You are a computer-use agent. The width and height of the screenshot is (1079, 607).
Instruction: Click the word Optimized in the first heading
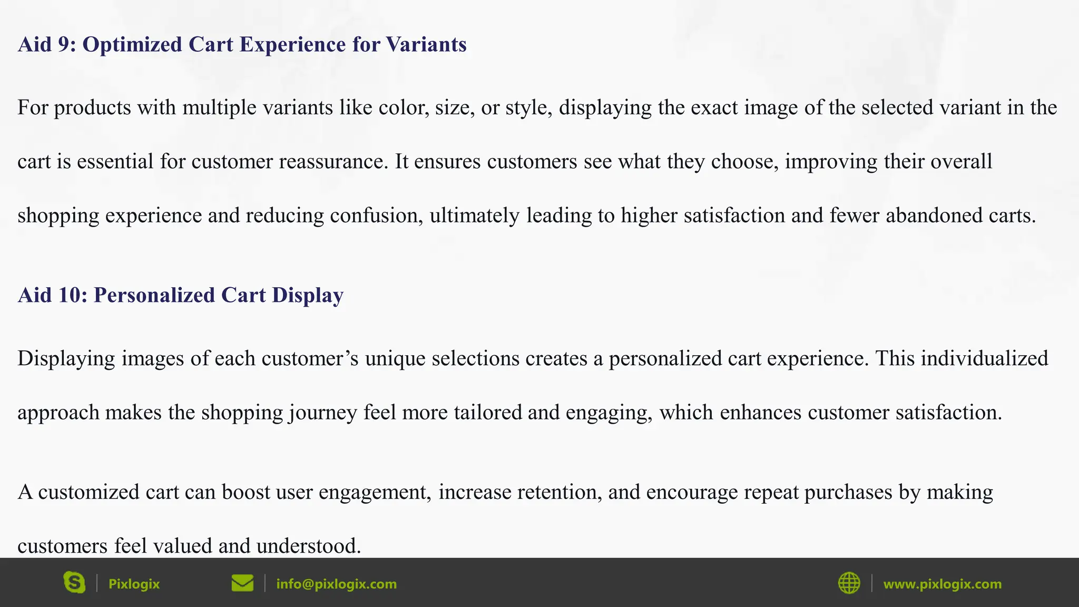click(132, 45)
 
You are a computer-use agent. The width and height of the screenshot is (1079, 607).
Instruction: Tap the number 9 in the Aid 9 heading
click(64, 45)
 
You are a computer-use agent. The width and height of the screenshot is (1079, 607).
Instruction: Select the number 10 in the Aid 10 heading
click(70, 296)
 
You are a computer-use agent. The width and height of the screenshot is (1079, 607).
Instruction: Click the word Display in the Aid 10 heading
click(308, 296)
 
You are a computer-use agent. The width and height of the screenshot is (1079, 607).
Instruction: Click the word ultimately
click(474, 216)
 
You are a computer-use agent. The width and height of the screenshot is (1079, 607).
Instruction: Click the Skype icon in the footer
click(74, 583)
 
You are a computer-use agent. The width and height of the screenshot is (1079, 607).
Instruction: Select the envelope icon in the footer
click(242, 583)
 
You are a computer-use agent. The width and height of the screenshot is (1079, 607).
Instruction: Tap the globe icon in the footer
click(849, 583)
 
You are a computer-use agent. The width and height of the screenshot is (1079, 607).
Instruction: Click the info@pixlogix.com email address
click(336, 584)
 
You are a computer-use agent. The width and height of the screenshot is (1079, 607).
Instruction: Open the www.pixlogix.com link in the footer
click(942, 584)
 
